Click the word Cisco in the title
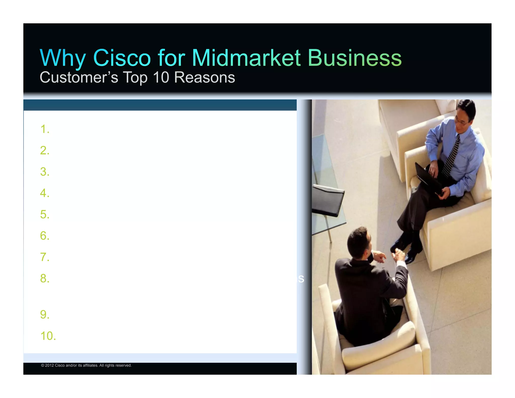click(122, 58)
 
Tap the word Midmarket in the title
click(246, 58)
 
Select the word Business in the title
click(355, 58)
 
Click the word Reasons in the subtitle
click(204, 77)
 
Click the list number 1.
click(45, 129)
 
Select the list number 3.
click(45, 172)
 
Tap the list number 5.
click(45, 215)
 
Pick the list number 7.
click(45, 257)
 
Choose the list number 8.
click(45, 278)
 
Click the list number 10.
click(48, 336)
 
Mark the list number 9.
click(45, 315)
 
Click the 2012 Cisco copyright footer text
click(86, 365)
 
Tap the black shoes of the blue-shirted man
click(405, 249)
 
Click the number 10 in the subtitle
click(161, 77)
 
